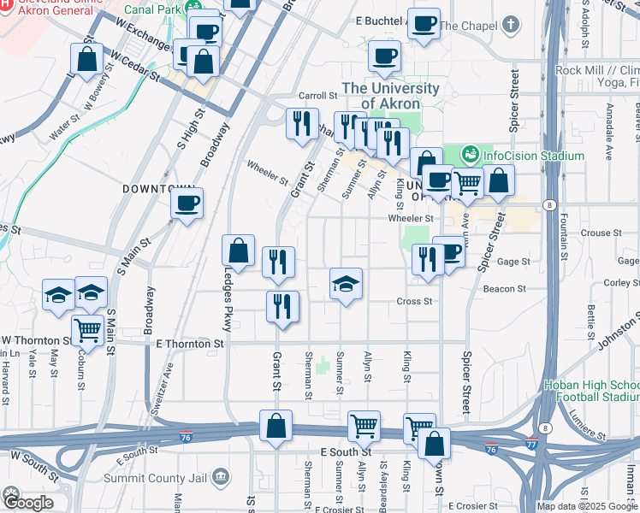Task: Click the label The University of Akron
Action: (x=391, y=96)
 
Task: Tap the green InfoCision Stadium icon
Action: (x=469, y=156)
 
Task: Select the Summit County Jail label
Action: (x=169, y=475)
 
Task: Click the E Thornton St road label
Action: (x=190, y=343)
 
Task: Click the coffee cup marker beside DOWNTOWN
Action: (x=187, y=203)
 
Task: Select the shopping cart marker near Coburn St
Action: (x=87, y=327)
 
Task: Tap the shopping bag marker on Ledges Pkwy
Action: (x=239, y=250)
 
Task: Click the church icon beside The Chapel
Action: (x=511, y=23)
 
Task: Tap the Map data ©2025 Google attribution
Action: (x=587, y=506)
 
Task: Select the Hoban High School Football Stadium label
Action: (x=590, y=391)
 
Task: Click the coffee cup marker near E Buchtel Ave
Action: (x=424, y=24)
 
